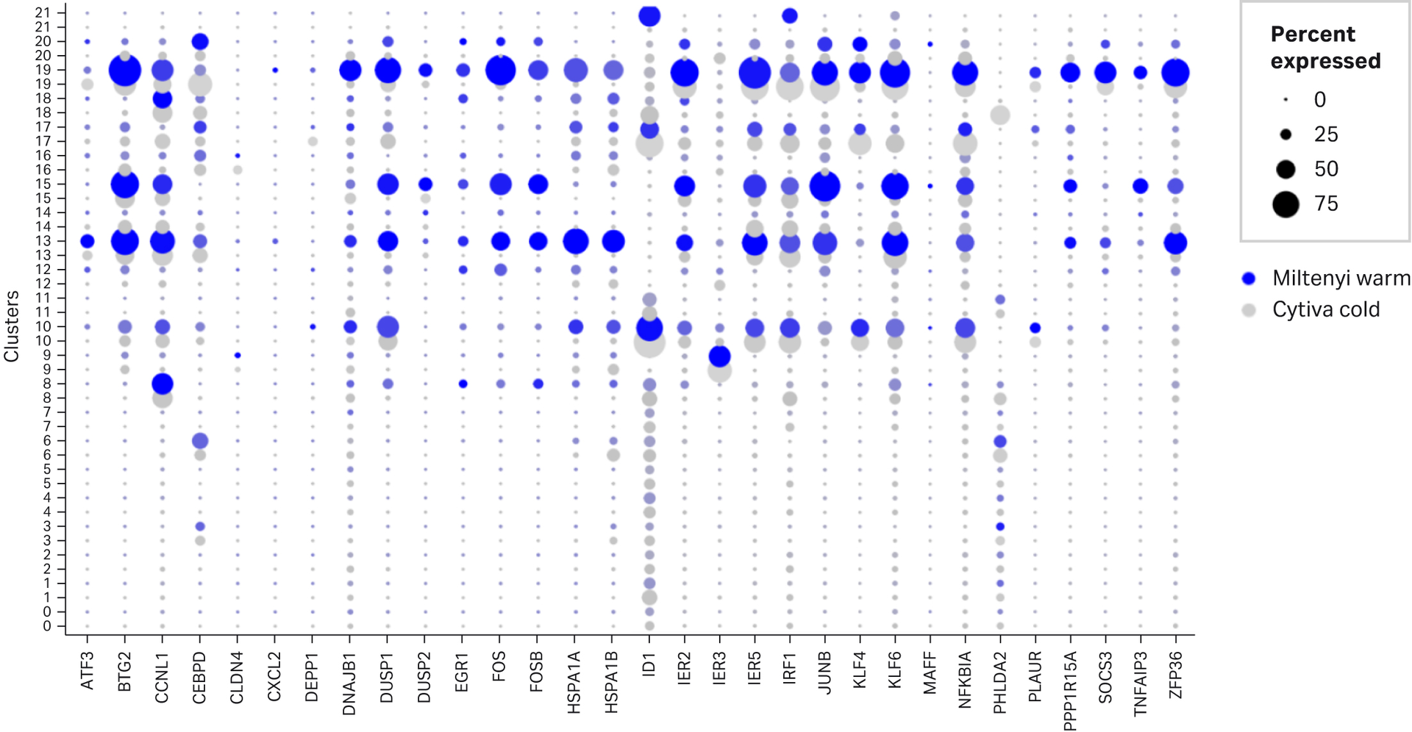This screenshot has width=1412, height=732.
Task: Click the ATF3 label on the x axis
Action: click(x=88, y=671)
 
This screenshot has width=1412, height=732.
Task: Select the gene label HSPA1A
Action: click(x=575, y=682)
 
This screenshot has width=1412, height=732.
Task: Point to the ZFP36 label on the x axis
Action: click(x=1175, y=674)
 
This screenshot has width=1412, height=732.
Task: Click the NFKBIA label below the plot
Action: click(x=965, y=680)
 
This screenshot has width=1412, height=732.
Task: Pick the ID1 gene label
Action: click(x=649, y=666)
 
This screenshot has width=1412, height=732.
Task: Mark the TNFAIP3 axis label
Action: click(x=1140, y=683)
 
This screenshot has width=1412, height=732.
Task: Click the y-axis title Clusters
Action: click(x=12, y=326)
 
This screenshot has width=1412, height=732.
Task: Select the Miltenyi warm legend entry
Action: click(x=1341, y=279)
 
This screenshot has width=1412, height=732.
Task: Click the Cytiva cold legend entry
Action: click(x=1325, y=309)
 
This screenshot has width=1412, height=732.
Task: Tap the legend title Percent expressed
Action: click(x=1325, y=48)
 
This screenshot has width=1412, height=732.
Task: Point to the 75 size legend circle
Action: click(x=1286, y=204)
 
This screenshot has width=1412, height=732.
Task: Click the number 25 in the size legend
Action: click(x=1326, y=134)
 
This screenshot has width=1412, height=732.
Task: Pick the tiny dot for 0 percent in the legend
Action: click(x=1286, y=100)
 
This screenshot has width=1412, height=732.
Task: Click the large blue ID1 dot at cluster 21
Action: click(x=649, y=15)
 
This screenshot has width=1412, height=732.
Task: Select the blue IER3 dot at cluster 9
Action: click(x=719, y=356)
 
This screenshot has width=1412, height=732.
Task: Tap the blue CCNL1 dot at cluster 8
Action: click(x=163, y=384)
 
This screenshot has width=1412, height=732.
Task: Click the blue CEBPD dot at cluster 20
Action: click(x=200, y=42)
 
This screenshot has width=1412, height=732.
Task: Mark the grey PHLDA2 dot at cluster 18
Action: click(x=1000, y=115)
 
